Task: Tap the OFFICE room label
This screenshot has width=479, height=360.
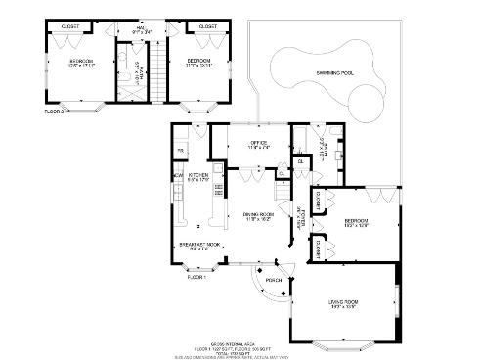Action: pyautogui.click(x=258, y=144)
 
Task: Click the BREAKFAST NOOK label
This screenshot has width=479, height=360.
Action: pyautogui.click(x=199, y=247)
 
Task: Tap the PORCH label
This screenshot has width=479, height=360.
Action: pyautogui.click(x=274, y=280)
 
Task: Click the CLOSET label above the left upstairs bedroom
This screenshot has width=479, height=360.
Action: pyautogui.click(x=70, y=26)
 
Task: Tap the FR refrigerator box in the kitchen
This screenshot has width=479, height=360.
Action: pyautogui.click(x=180, y=150)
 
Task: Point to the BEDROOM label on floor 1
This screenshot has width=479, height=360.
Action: pyautogui.click(x=356, y=224)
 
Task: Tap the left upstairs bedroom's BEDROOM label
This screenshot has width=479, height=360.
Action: pyautogui.click(x=80, y=63)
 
